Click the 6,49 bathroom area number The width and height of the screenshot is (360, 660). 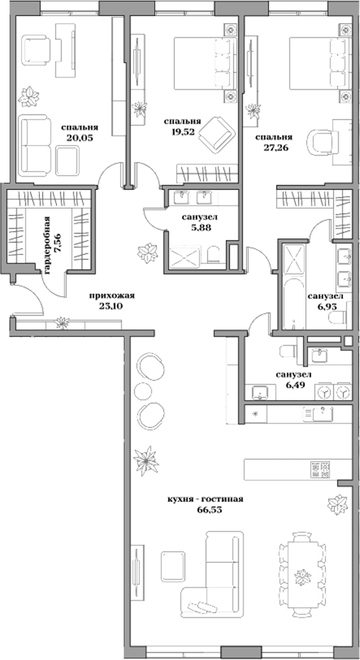coord(292,384)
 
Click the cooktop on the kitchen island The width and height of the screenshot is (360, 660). coord(319,469)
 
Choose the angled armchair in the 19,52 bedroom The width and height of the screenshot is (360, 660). coord(217,134)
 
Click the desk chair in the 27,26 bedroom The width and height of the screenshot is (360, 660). coord(321,140)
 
